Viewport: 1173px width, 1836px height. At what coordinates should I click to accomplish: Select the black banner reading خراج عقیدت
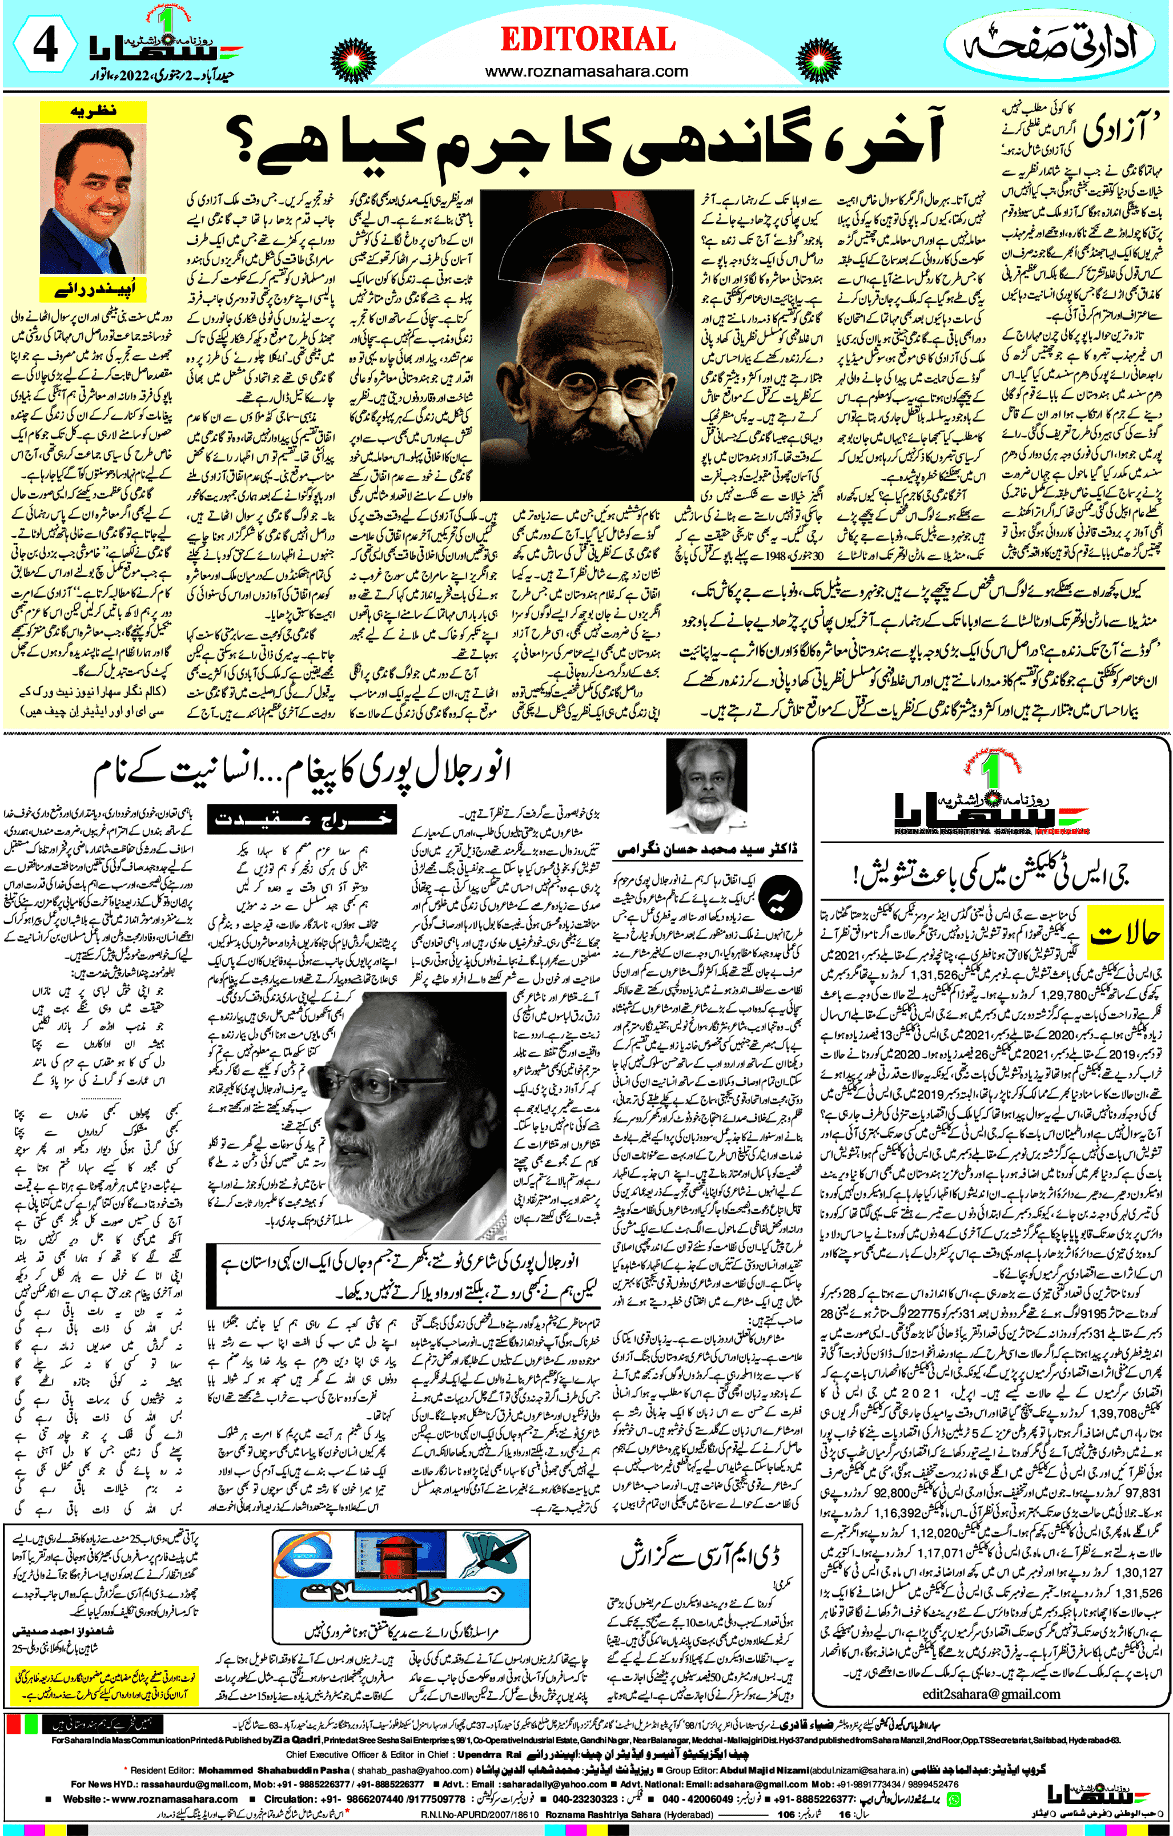(x=304, y=820)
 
